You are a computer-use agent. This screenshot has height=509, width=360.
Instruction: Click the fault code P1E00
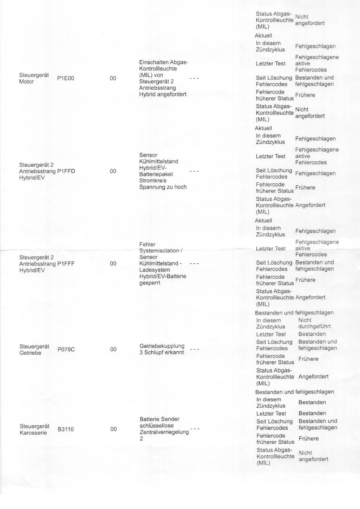point(66,78)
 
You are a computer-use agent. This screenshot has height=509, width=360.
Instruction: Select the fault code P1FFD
point(66,171)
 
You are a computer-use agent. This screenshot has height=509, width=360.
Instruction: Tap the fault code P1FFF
point(66,264)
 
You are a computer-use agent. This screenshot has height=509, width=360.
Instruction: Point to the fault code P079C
point(66,350)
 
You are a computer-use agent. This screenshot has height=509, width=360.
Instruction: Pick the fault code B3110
point(66,429)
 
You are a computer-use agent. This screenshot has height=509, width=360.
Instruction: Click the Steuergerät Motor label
point(34,78)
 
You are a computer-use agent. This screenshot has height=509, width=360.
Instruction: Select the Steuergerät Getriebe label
point(34,350)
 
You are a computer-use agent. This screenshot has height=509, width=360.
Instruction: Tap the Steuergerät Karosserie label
point(35,429)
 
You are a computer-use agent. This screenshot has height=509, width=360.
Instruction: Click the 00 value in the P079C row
point(113,350)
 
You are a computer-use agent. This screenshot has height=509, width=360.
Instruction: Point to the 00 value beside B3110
point(114,429)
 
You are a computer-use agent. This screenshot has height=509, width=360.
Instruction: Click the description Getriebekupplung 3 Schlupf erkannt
point(162,349)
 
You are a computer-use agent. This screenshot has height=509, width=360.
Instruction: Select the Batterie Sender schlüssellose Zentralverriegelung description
point(164,429)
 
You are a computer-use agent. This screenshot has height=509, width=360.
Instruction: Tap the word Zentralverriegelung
point(164,432)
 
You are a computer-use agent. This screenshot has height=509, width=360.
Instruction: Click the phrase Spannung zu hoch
point(163,187)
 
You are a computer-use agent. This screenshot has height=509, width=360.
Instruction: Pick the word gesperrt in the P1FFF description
point(150,283)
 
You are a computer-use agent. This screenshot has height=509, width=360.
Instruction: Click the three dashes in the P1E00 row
point(194,78)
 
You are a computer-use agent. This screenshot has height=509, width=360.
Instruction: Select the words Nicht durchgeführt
point(314,323)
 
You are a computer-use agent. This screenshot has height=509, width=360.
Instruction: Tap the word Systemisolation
point(159,251)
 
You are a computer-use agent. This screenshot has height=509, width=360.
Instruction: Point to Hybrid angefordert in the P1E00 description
point(163,94)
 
